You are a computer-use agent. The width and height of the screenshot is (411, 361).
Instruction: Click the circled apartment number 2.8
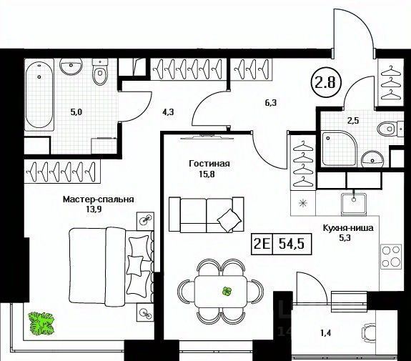tap(326, 82)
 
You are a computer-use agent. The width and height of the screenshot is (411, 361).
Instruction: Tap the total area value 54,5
tap(292, 244)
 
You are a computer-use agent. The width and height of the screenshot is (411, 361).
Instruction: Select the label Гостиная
tap(209, 164)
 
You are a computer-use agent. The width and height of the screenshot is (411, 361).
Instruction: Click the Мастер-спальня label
tap(99, 199)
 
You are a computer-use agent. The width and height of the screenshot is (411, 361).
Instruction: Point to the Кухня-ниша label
tap(348, 228)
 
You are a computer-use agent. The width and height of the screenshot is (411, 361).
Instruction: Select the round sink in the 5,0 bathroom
tap(71, 66)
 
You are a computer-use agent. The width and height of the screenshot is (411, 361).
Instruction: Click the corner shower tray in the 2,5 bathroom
tap(340, 149)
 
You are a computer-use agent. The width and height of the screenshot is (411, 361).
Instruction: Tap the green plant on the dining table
tap(227, 291)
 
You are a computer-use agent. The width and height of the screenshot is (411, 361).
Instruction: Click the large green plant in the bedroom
tap(42, 323)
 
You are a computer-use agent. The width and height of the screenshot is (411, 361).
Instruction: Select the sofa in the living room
tap(207, 214)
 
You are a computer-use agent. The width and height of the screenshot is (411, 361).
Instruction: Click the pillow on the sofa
tap(229, 220)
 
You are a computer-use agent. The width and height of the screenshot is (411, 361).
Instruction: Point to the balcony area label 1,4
tap(325, 333)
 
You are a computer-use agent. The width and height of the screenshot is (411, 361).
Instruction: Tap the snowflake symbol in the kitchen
tap(303, 203)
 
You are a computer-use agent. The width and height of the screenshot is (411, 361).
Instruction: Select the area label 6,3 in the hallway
tap(271, 103)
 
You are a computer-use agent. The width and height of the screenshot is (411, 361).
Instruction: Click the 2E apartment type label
tap(262, 244)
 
